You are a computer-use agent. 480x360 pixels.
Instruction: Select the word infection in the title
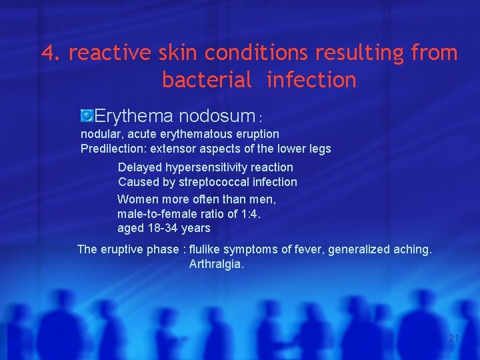311,80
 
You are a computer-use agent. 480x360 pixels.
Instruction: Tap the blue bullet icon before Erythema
87,116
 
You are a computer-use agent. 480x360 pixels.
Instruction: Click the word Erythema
133,116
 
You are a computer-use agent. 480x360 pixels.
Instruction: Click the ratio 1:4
249,213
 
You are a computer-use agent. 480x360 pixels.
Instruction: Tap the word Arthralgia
217,264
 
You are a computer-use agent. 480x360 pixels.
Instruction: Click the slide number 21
453,338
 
